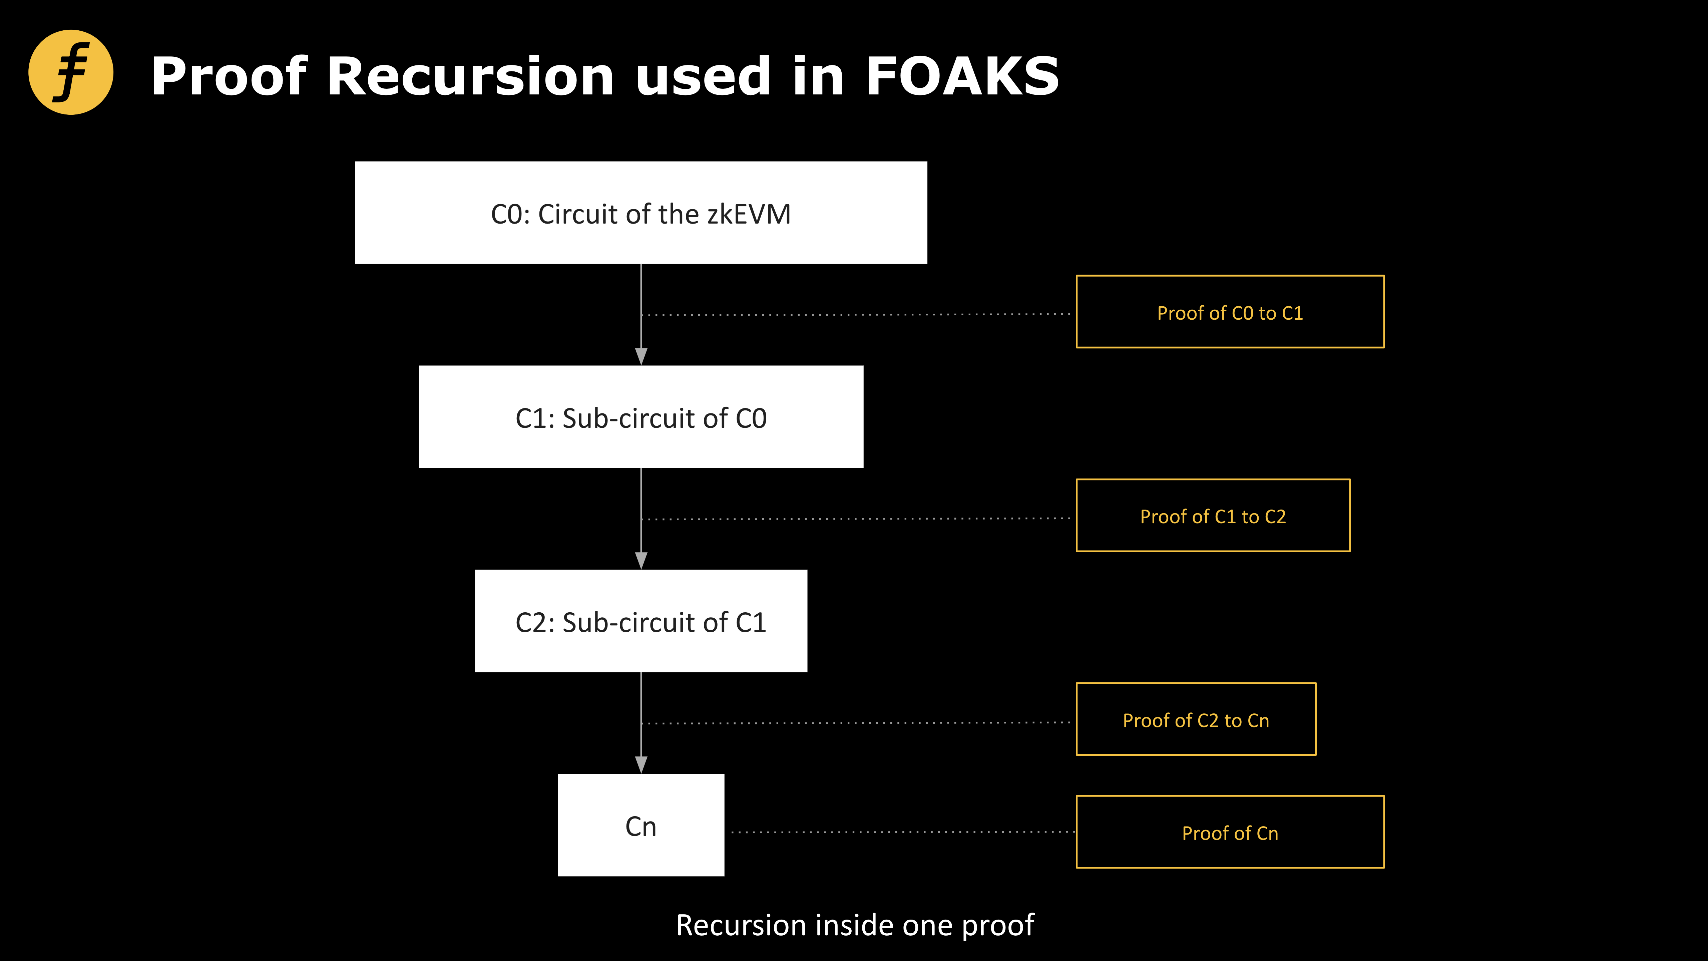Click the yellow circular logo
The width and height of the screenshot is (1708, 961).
point(71,72)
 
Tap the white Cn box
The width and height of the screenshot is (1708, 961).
point(640,825)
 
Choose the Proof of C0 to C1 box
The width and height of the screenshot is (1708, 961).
point(1230,312)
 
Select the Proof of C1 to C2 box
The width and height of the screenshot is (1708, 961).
point(1213,515)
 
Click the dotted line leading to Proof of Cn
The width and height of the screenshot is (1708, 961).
point(902,832)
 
